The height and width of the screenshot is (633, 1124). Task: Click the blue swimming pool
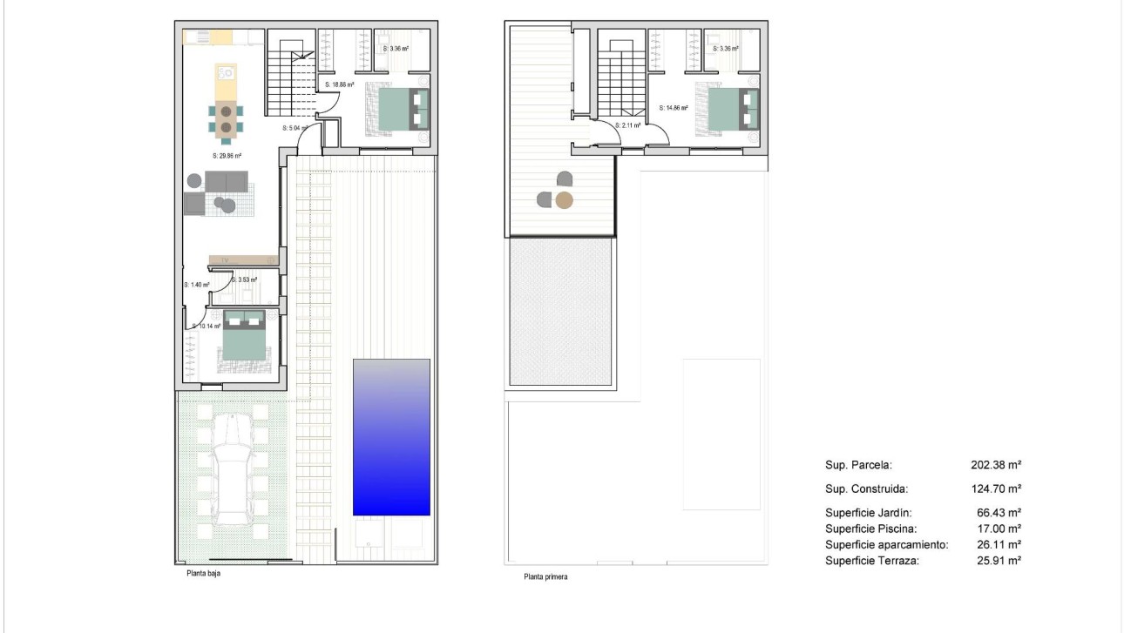(x=391, y=436)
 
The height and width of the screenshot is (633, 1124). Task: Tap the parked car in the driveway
(x=233, y=469)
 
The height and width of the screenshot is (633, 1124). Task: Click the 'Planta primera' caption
(x=545, y=576)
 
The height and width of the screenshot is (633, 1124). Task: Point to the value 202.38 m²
(x=996, y=465)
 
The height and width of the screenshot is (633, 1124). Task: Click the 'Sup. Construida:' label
(x=866, y=488)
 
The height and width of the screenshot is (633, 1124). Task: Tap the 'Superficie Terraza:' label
(x=872, y=561)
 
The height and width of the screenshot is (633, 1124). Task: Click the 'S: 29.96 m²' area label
(x=227, y=156)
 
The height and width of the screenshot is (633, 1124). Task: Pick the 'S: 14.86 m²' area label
(x=674, y=109)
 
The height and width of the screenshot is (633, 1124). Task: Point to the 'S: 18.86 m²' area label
(x=339, y=85)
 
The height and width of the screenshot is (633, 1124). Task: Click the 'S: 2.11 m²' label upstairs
(x=627, y=125)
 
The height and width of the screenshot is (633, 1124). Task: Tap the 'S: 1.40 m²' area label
(x=196, y=285)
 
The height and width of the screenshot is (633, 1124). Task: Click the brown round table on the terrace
(x=565, y=201)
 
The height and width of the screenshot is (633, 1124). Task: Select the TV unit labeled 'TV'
(x=243, y=260)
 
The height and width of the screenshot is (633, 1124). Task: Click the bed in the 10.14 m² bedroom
(x=242, y=335)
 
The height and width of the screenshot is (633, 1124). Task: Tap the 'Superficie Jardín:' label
(x=869, y=513)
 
